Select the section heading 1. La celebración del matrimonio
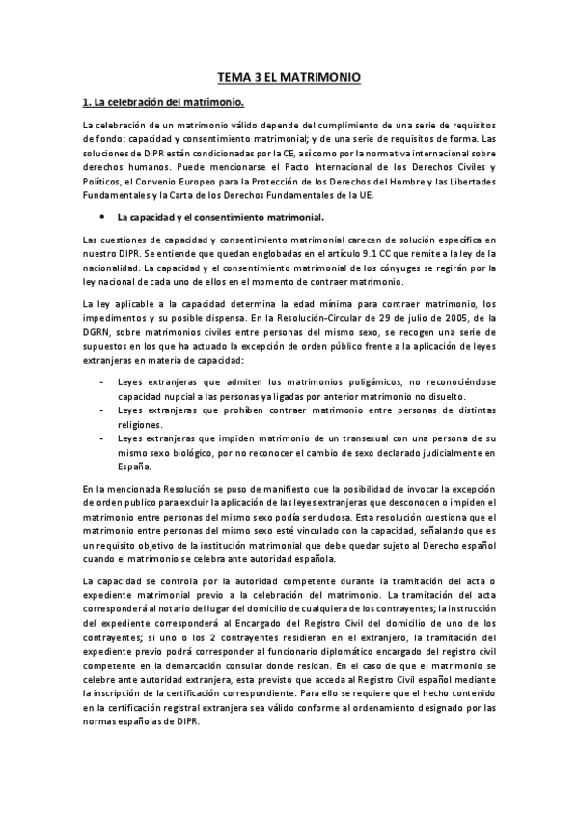pyautogui.click(x=162, y=101)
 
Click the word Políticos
pyautogui.click(x=104, y=179)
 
